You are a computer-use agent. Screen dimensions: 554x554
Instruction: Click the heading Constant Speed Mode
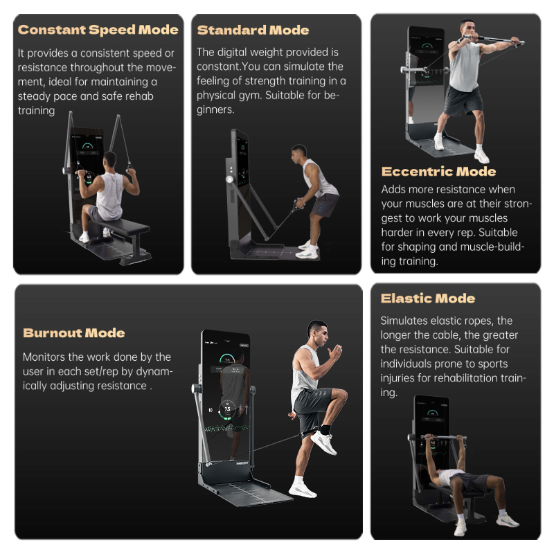(98, 30)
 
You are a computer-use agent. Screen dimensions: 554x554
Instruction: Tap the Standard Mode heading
(253, 30)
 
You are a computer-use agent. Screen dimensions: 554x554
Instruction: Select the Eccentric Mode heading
(438, 172)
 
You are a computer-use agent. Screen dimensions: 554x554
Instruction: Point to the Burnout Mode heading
(74, 333)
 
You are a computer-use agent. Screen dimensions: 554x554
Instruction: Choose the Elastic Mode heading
(427, 298)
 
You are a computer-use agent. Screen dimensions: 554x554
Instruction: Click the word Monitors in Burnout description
(44, 357)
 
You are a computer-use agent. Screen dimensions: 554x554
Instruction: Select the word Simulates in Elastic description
(404, 321)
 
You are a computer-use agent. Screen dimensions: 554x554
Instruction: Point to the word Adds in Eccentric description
(393, 189)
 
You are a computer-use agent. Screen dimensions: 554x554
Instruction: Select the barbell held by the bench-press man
(445, 438)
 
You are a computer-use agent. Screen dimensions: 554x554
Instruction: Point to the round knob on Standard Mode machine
(230, 179)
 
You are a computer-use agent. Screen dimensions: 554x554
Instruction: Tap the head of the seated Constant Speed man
(110, 160)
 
